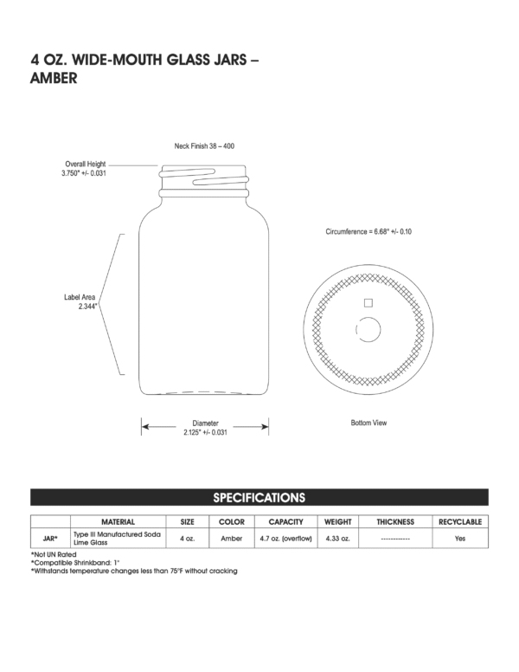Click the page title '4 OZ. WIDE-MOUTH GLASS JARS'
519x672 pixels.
click(144, 61)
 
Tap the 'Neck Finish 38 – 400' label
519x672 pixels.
click(205, 148)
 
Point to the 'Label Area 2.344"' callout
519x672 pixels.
click(80, 301)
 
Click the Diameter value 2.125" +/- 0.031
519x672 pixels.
click(205, 432)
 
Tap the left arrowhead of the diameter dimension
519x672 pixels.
click(146, 426)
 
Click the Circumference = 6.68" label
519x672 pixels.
click(368, 232)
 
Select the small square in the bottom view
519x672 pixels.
click(368, 302)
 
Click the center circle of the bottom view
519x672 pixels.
click(368, 330)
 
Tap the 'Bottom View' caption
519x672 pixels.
click(368, 423)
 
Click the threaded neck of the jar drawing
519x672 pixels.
click(205, 180)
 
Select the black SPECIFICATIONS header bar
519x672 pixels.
click(259, 497)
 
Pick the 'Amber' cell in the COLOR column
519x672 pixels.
click(232, 539)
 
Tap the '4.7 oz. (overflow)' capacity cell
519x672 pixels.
click(285, 539)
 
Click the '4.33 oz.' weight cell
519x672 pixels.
click(337, 539)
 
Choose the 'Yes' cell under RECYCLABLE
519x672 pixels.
click(460, 539)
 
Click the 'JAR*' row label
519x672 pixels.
click(50, 539)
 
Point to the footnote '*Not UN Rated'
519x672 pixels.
click(54, 554)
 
